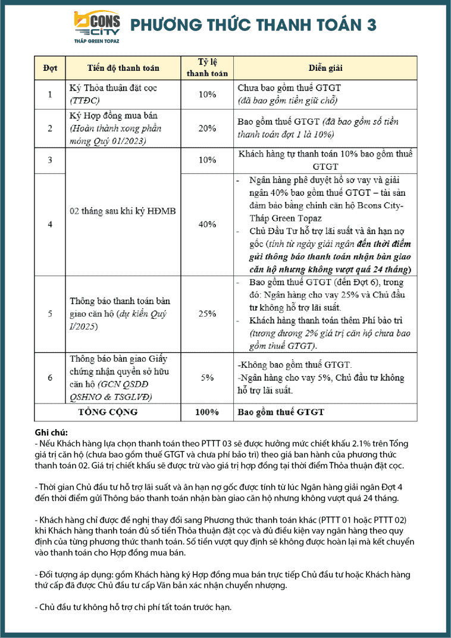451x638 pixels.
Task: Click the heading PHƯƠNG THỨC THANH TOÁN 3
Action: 253,24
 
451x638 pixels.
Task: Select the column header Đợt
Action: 50,68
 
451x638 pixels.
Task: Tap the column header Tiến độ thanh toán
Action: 123,68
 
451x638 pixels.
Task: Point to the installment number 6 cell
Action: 50,377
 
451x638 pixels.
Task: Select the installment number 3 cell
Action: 50,160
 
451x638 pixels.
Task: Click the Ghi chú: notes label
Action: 51,433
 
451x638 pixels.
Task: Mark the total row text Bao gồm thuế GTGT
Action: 273,412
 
